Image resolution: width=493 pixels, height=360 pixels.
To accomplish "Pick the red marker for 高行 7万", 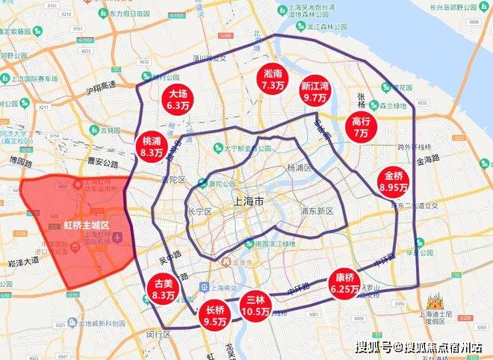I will pyautogui.click(x=362, y=127).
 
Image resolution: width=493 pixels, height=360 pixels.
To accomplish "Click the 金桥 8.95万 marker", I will pyautogui.click(x=394, y=181).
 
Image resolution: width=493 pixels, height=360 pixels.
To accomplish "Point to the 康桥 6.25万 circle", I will pyautogui.click(x=344, y=282).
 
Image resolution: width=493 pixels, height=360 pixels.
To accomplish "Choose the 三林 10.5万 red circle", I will pyautogui.click(x=256, y=305).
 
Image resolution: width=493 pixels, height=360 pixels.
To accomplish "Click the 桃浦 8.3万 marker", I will pyautogui.click(x=152, y=146).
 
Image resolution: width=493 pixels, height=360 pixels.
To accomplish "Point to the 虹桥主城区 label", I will pyautogui.click(x=86, y=225).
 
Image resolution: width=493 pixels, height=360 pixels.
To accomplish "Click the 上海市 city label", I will pyautogui.click(x=249, y=202).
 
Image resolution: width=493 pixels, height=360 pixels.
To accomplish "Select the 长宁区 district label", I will pyautogui.click(x=204, y=210).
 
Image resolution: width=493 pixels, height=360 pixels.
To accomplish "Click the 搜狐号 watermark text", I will pyautogui.click(x=373, y=347).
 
